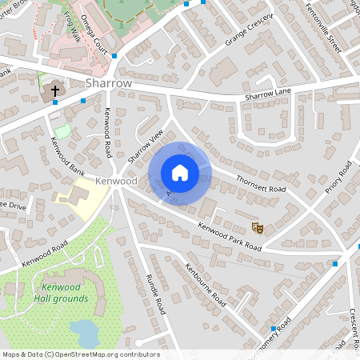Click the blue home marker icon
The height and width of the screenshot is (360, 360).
180,173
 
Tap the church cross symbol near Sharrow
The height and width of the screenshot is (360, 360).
55,91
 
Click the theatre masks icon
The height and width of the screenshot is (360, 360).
258,228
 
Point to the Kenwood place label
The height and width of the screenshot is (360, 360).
116,182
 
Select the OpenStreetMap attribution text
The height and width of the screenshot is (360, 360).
80,354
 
